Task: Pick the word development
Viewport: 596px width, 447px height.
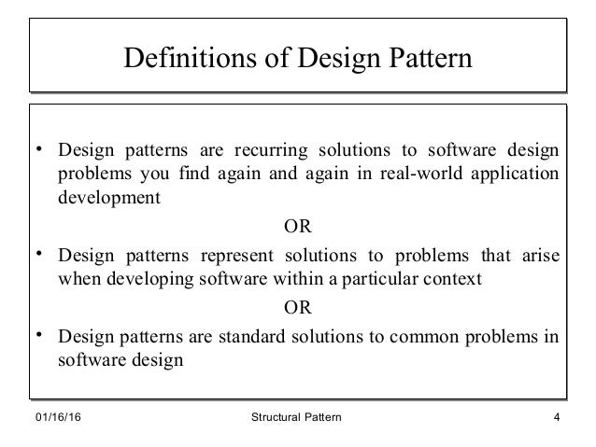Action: pyautogui.click(x=106, y=198)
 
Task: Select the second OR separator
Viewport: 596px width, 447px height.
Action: pyautogui.click(x=296, y=305)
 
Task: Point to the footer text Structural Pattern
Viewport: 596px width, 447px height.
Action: pyautogui.click(x=295, y=418)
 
